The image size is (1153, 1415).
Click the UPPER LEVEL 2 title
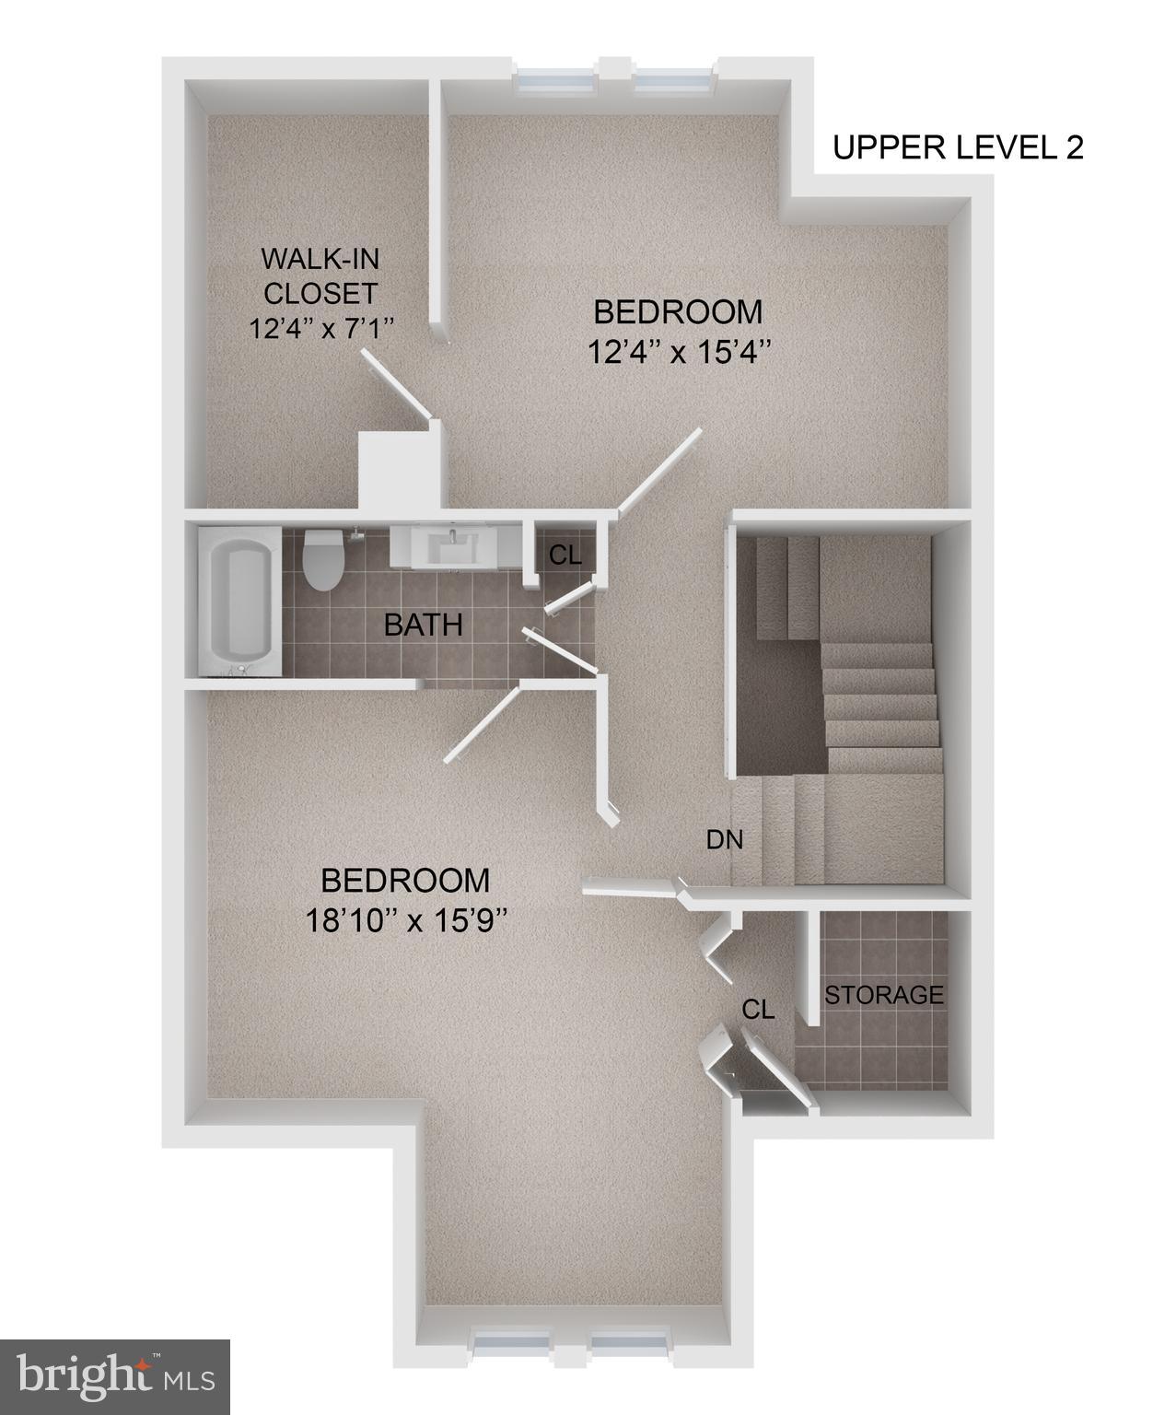pyautogui.click(x=958, y=147)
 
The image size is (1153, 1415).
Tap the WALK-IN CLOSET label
pyautogui.click(x=320, y=275)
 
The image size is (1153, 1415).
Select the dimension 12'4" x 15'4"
pyautogui.click(x=678, y=351)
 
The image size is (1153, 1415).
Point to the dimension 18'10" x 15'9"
pyautogui.click(x=405, y=919)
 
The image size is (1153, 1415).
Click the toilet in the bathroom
pyautogui.click(x=323, y=559)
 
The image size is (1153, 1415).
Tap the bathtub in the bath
pyautogui.click(x=239, y=601)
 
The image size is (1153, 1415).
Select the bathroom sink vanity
pyautogui.click(x=453, y=546)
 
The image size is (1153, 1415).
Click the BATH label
pyautogui.click(x=423, y=626)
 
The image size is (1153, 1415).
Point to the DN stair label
pyautogui.click(x=724, y=839)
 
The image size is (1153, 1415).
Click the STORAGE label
pyautogui.click(x=883, y=995)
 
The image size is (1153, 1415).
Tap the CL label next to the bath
pyautogui.click(x=565, y=555)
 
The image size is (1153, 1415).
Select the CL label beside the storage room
pyautogui.click(x=759, y=1010)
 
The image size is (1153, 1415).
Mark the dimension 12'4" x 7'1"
pyautogui.click(x=320, y=328)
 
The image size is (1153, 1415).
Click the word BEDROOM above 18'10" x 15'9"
pyautogui.click(x=405, y=880)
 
